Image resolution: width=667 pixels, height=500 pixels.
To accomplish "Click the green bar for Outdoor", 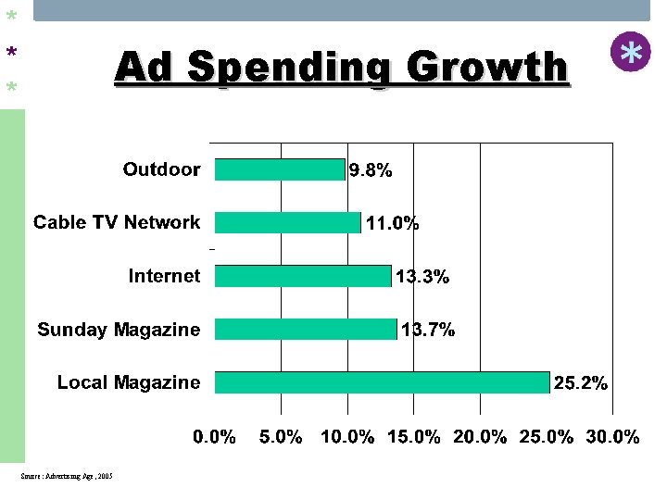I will [x=280, y=169].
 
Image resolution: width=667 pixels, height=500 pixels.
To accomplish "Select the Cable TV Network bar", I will [x=287, y=222].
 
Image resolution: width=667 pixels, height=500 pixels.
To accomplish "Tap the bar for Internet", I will [x=303, y=276].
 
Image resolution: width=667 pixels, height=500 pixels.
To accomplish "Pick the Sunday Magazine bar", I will [x=306, y=330].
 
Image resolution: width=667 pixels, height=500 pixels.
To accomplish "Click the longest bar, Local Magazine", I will [x=382, y=382].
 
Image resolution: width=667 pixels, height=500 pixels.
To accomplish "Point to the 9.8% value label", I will [x=371, y=170].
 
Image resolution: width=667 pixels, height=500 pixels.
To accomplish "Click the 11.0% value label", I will [x=393, y=223].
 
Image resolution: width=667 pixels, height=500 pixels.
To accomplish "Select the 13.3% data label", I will [x=422, y=276].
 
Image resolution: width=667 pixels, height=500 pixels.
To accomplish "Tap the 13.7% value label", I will [x=428, y=330].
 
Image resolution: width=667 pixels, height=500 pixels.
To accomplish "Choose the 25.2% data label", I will [x=580, y=382].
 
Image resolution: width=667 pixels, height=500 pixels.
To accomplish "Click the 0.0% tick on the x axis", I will [x=214, y=437].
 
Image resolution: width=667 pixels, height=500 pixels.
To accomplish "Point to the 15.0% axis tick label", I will [x=413, y=437].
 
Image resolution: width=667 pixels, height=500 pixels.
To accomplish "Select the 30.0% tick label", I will [x=612, y=437].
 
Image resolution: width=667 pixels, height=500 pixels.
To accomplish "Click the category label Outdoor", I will [x=161, y=169].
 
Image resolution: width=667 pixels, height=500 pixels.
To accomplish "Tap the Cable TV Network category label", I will [x=117, y=222].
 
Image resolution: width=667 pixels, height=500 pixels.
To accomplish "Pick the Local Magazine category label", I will [x=129, y=382].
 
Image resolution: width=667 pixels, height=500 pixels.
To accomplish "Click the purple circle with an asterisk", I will [x=631, y=53].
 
